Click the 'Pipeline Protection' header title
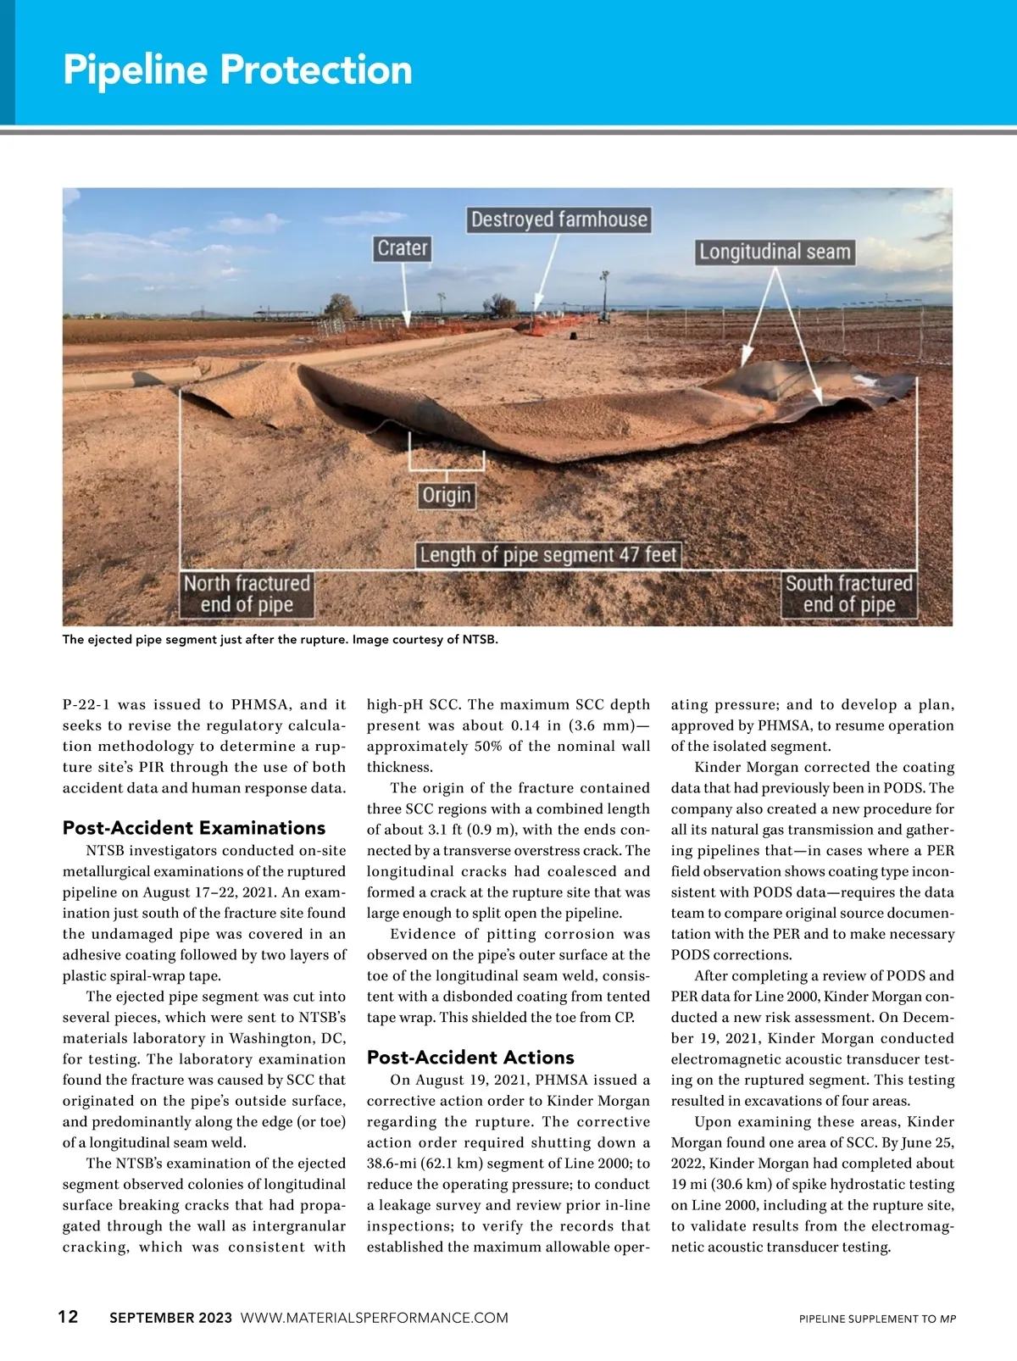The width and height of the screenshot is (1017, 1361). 237,69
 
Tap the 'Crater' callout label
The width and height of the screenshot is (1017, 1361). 403,248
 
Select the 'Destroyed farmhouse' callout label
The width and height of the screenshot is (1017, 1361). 559,219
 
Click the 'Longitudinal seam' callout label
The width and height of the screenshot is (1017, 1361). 774,252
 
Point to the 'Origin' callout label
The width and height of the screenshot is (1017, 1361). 447,495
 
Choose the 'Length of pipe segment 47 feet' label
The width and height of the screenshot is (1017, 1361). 548,555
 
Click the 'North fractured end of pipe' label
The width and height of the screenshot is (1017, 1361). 247,594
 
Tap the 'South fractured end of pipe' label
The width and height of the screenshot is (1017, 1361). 848,594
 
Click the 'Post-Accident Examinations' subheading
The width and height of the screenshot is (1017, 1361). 194,828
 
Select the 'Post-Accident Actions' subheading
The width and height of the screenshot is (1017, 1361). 470,1057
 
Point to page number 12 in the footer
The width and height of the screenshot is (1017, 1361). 68,1316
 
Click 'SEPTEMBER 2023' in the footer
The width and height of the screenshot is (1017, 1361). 170,1318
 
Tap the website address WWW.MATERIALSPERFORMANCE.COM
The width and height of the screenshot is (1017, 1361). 375,1318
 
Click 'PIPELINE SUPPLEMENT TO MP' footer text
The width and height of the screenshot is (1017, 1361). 877,1319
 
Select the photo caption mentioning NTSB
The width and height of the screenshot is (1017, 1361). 280,640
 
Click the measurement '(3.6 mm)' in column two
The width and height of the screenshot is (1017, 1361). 597,725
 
